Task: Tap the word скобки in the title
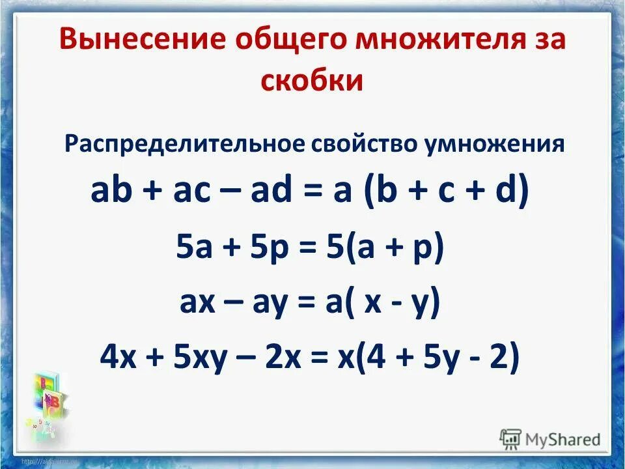coord(312,81)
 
